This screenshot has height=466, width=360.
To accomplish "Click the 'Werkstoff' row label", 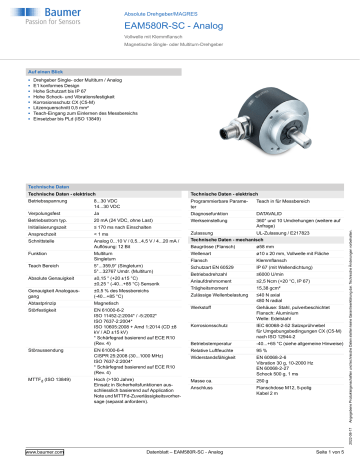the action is (x=202, y=306).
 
